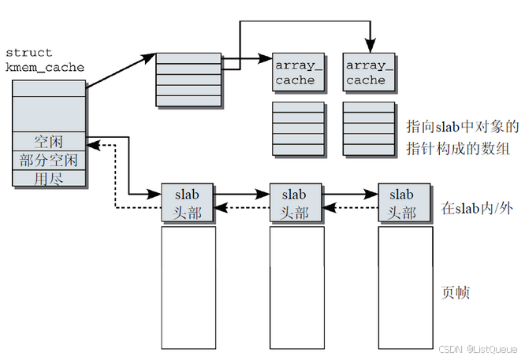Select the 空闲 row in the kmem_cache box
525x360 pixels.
49,142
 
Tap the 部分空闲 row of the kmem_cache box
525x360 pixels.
49,161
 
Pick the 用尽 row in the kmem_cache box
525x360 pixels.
49,179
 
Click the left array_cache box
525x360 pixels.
296,72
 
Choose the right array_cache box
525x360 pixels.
368,72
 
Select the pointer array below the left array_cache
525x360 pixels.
297,128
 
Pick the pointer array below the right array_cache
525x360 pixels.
368,128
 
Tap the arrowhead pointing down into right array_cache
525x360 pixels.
368,46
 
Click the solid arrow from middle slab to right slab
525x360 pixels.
349,192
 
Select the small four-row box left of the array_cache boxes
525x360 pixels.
188,77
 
